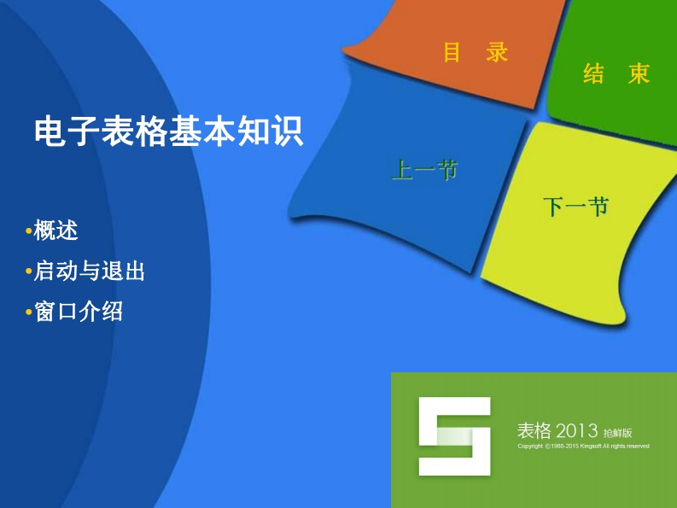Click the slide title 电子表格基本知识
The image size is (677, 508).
point(169,130)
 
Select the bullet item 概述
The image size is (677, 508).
point(55,231)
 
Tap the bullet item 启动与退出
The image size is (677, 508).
point(89,271)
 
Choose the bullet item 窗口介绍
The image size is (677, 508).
point(79,311)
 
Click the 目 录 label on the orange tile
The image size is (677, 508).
point(476,52)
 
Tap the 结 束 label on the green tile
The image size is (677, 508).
point(616,73)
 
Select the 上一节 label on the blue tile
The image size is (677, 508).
point(424,169)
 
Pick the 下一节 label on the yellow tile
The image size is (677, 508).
point(575,207)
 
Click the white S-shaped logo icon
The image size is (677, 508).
point(455,436)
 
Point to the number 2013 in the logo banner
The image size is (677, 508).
point(576,430)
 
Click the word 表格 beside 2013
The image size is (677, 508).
point(534,430)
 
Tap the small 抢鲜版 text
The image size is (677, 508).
point(617,433)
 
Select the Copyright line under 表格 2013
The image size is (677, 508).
point(583,447)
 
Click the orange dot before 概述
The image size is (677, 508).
point(29,231)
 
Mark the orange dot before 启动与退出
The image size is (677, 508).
point(29,272)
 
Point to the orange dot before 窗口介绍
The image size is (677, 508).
point(29,312)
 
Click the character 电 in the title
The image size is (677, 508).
point(50,131)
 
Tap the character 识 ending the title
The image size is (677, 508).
point(288,131)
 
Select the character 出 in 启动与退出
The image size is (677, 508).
point(134,272)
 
